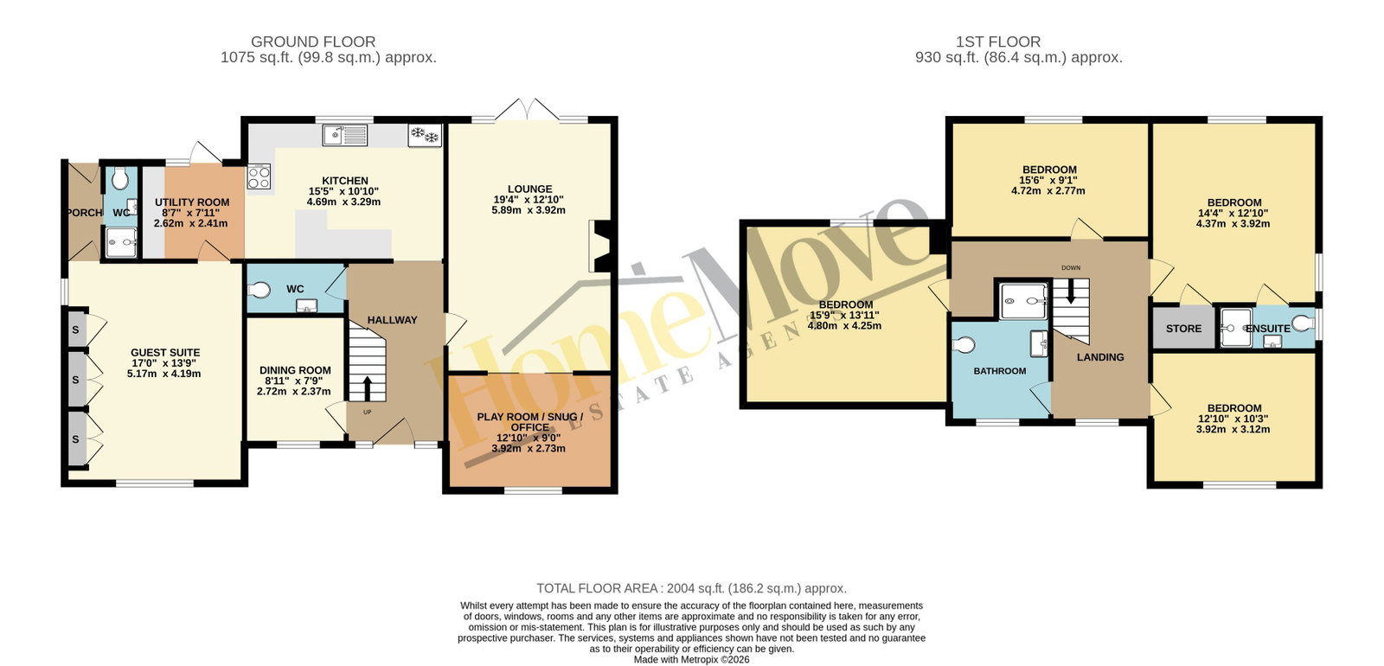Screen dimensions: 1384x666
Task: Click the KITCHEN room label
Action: pos(345,181)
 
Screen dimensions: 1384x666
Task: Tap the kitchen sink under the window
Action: pos(345,135)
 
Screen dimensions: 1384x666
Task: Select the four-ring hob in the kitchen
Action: pos(259,176)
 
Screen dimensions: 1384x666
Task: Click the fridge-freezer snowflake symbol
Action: pos(425,135)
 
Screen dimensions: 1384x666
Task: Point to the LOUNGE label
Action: pos(529,189)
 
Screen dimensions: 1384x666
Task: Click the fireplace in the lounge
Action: pos(600,246)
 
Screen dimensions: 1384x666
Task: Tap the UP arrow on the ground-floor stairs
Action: pos(367,388)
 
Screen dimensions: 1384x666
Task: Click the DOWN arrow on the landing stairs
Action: pos(1071,291)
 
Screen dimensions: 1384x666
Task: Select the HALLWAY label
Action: pos(393,320)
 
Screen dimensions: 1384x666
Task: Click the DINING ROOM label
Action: pos(295,370)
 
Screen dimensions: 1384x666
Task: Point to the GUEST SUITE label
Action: pos(165,352)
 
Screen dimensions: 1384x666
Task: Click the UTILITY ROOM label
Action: pos(191,202)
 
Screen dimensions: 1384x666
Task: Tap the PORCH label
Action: pos(84,213)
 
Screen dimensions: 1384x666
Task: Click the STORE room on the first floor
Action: pos(1183,328)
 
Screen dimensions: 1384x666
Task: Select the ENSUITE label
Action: pos(1268,328)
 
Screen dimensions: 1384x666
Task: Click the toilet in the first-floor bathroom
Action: pos(964,344)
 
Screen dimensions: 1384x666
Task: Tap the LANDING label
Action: pos(1100,357)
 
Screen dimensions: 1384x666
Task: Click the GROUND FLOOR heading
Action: pos(313,42)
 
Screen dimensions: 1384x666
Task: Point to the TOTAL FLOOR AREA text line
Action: pos(691,588)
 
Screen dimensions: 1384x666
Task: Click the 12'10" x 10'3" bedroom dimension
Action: pos(1233,419)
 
